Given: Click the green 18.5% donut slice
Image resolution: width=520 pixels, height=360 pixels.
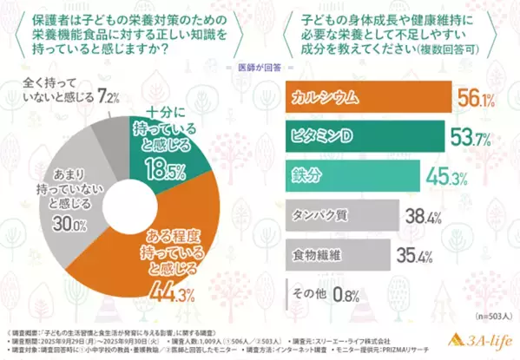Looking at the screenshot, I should tap(161, 152).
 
